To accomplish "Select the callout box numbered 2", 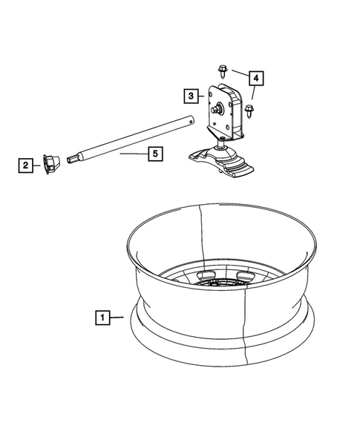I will pyautogui.click(x=26, y=165).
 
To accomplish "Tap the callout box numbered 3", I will pyautogui.click(x=192, y=96).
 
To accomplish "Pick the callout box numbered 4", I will pyautogui.click(x=255, y=78).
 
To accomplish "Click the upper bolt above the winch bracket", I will pyautogui.click(x=222, y=70).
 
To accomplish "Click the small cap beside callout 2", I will pyautogui.click(x=50, y=162).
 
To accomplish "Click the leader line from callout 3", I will pyautogui.click(x=203, y=96).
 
